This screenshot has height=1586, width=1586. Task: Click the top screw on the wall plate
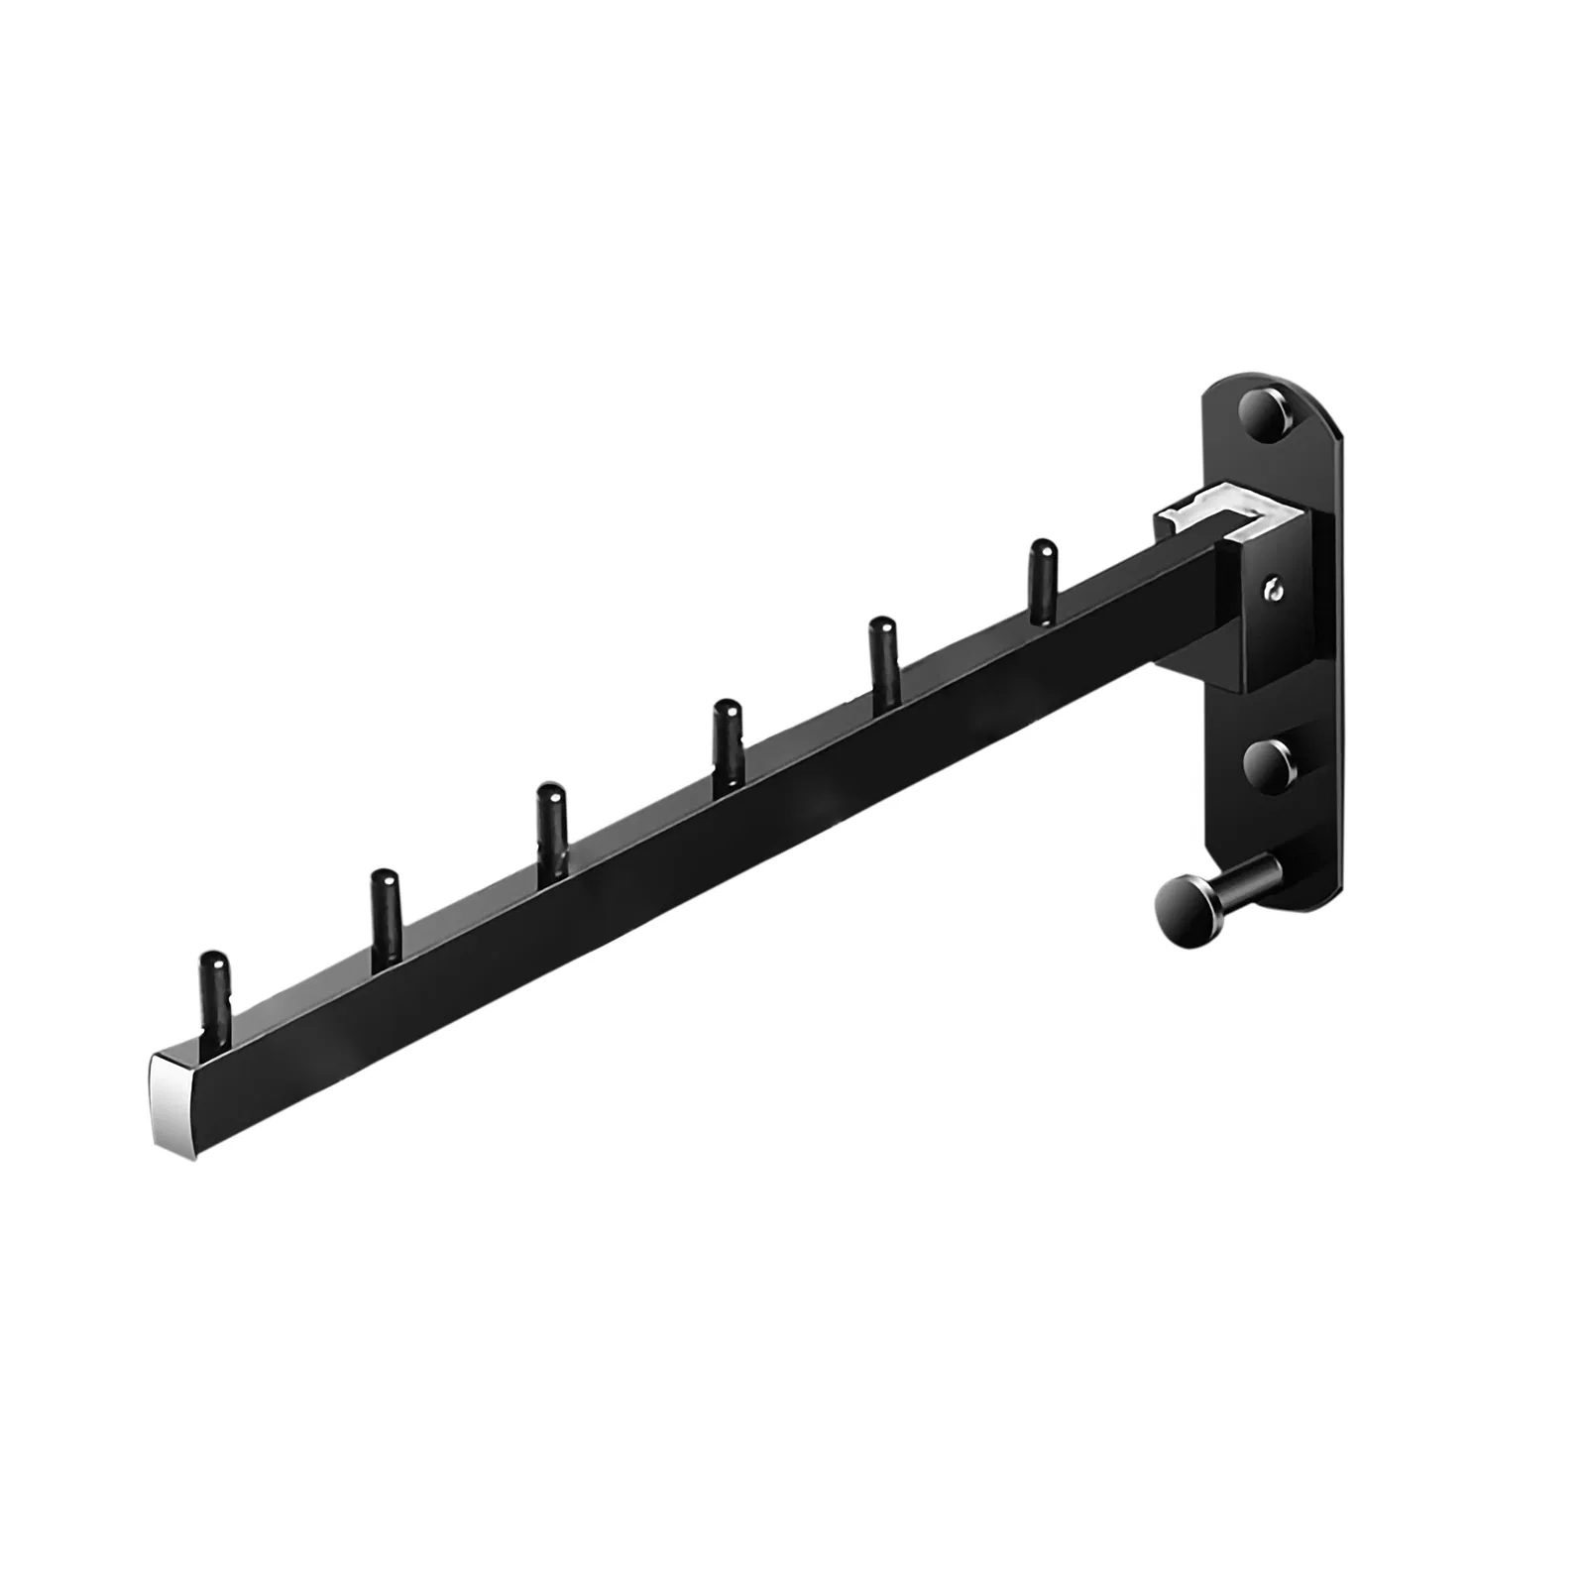pos(1264,414)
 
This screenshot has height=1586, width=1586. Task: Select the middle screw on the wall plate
pos(1266,763)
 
